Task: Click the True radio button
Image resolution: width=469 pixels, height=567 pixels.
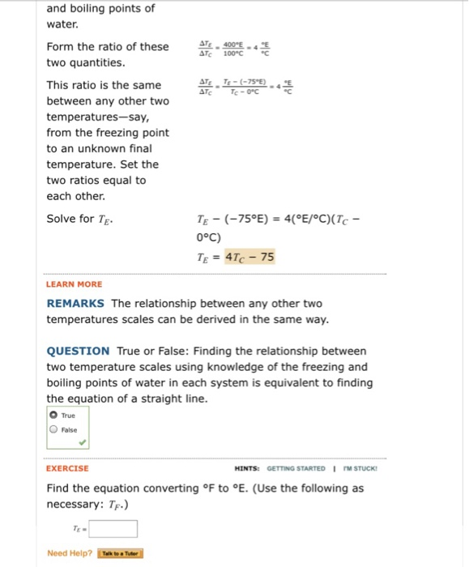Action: coord(53,416)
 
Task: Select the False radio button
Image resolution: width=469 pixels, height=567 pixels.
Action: coord(53,430)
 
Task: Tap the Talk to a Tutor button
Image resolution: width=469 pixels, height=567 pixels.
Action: coord(120,554)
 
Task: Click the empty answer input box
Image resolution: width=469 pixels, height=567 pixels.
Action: coord(113,529)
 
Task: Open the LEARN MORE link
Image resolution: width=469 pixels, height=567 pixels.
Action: coord(74,284)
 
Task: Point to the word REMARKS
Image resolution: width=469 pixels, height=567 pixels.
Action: coord(75,304)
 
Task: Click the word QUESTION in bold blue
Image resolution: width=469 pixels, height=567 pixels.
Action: coord(78,352)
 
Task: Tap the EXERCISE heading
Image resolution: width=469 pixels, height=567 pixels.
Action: coord(67,469)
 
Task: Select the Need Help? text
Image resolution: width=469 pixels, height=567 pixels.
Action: coord(70,554)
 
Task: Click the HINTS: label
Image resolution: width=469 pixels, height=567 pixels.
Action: coord(248,469)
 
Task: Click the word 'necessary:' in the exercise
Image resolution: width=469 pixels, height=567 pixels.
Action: coord(77,504)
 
